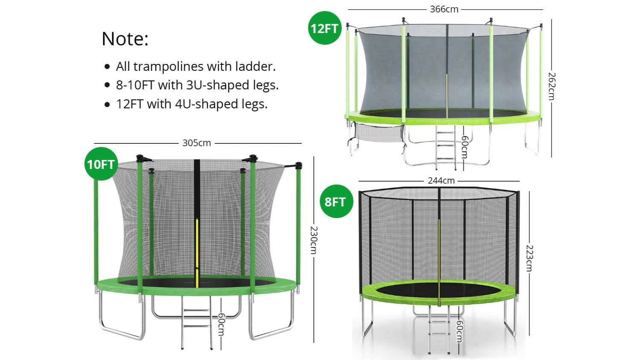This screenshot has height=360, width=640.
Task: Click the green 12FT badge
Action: pos(325,28)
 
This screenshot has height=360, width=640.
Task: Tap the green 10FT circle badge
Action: pos(101,164)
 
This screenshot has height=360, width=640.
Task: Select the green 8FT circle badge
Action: pos(336,201)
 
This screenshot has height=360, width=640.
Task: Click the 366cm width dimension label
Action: pos(444,9)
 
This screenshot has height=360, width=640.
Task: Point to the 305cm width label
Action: pos(197,143)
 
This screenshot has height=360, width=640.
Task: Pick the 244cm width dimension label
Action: pos(441,181)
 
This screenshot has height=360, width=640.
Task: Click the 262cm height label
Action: pos(552,86)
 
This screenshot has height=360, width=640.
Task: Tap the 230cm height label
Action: pos(314,240)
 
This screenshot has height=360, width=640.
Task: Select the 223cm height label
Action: pos(529,258)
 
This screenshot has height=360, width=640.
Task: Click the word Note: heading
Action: pos(125,39)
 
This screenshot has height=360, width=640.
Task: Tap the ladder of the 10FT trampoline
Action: pos(197,322)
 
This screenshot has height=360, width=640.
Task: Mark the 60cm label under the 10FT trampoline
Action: pos(221,325)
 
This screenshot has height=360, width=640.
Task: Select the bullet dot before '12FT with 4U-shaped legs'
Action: pos(107,104)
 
